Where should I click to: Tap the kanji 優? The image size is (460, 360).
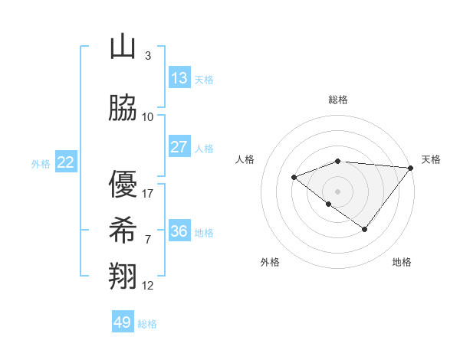pyautogui.click(x=123, y=185)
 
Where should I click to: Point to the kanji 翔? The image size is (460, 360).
pyautogui.click(x=123, y=275)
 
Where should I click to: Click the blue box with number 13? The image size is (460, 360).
pyautogui.click(x=179, y=78)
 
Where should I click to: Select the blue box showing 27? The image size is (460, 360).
pyautogui.click(x=179, y=147)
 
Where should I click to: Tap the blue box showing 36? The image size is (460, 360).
pyautogui.click(x=179, y=231)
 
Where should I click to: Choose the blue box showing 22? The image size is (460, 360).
pyautogui.click(x=66, y=162)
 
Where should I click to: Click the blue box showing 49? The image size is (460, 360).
pyautogui.click(x=123, y=322)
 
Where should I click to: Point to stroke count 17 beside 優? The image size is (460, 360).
pyautogui.click(x=149, y=194)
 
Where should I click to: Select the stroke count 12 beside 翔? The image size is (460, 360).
pyautogui.click(x=148, y=286)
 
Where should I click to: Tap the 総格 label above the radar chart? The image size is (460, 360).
pyautogui.click(x=337, y=100)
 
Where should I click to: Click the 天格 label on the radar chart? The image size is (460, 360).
pyautogui.click(x=431, y=159)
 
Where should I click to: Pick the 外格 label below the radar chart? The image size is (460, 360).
pyautogui.click(x=270, y=262)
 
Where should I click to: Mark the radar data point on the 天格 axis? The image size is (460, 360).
pyautogui.click(x=411, y=167)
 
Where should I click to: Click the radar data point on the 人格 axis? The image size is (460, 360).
pyautogui.click(x=294, y=177)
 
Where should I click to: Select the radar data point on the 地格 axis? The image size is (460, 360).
pyautogui.click(x=365, y=229)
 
